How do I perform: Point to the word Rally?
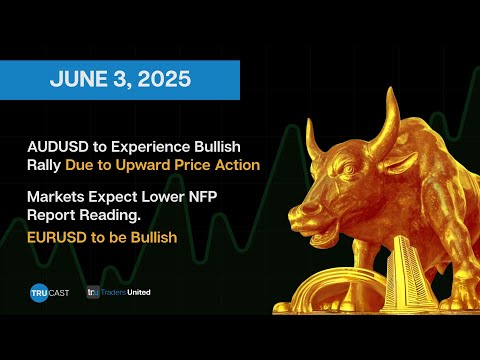click(46, 163)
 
